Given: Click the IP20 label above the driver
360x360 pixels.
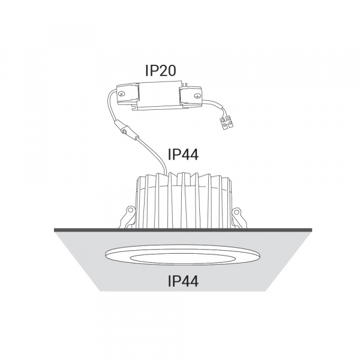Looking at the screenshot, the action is (161, 70).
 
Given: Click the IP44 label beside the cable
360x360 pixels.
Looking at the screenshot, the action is (183, 154).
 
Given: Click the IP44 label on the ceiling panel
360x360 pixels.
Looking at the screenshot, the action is (183, 281).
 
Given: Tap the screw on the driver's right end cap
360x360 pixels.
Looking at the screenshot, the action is (197, 95).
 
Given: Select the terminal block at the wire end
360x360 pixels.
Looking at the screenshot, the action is (226, 123).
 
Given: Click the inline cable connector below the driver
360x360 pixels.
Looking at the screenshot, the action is (126, 130).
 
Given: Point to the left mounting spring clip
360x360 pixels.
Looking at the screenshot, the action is (127, 217).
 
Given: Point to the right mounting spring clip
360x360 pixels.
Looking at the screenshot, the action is (239, 218).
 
